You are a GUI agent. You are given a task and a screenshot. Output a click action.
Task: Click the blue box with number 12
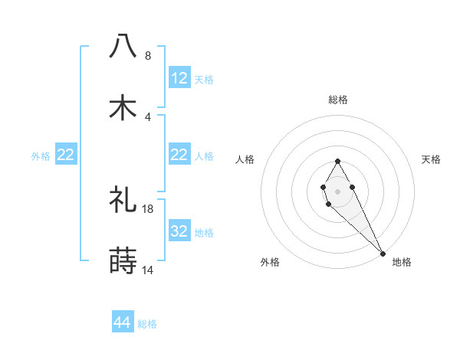(x=179, y=78)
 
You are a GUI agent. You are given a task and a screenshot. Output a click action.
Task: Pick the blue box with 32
(x=179, y=231)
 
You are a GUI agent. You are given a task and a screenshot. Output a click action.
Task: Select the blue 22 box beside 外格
(x=66, y=155)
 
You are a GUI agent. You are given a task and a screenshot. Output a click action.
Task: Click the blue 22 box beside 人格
(x=179, y=155)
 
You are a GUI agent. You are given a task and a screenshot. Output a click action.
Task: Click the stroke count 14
(x=148, y=270)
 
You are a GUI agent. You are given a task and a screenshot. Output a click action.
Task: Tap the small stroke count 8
(x=148, y=56)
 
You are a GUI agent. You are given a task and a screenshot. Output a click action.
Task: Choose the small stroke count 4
(x=148, y=116)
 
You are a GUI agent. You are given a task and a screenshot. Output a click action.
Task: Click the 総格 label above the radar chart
(x=338, y=100)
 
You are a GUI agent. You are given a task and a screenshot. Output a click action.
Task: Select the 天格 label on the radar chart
(x=432, y=159)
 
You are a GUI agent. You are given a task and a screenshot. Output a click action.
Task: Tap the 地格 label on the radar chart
(x=402, y=262)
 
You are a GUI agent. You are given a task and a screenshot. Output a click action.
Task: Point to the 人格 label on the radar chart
(x=245, y=159)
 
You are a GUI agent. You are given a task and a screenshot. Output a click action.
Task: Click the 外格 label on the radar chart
(x=270, y=262)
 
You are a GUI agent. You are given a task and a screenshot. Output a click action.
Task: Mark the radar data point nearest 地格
(x=383, y=253)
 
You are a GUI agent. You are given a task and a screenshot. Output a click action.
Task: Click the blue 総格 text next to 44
(x=147, y=324)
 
